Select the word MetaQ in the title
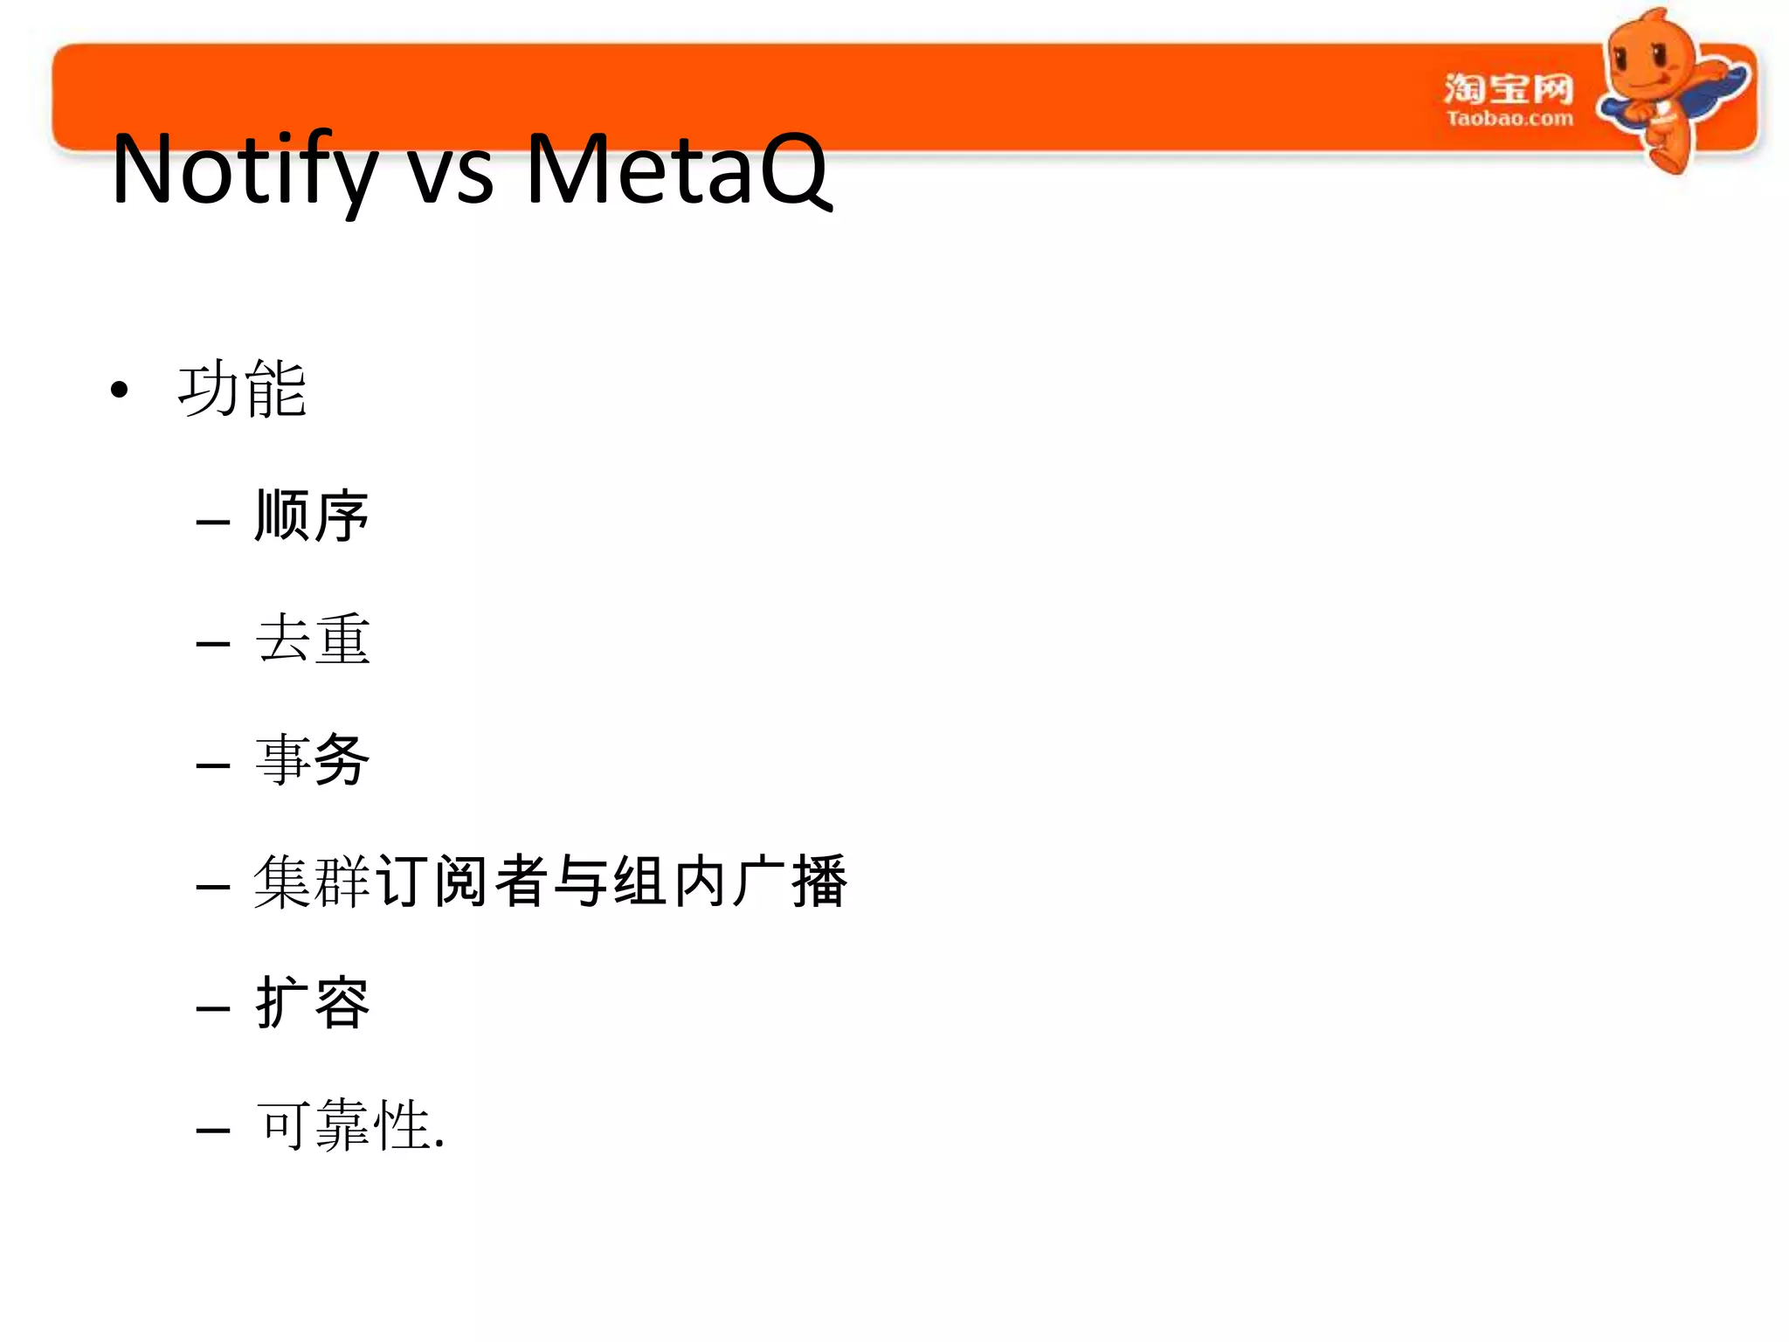coord(678,169)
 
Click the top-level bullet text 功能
coord(242,389)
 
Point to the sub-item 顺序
coord(312,515)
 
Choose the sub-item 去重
coord(312,639)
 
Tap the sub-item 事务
coord(312,759)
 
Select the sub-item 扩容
coord(312,1002)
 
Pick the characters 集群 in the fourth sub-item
coord(312,882)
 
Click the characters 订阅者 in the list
coord(463,882)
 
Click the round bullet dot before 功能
coord(120,391)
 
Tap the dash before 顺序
coord(213,523)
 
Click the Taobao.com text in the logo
coord(1509,119)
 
